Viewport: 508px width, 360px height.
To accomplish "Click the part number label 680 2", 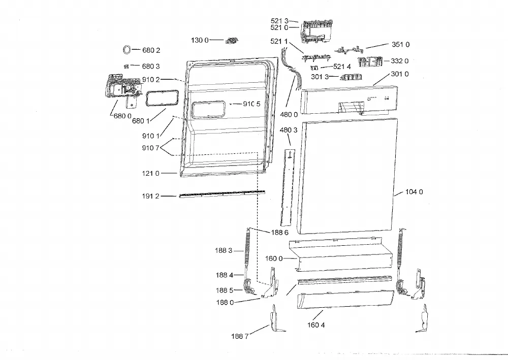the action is click(151, 50).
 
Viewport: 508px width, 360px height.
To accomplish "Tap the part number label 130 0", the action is click(200, 40).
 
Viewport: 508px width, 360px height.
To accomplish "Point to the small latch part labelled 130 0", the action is click(232, 41).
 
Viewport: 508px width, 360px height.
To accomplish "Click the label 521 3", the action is click(279, 21).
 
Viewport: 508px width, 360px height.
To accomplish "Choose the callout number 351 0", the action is click(400, 44).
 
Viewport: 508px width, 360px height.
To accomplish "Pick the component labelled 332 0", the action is click(370, 61).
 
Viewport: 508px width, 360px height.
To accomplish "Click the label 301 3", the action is click(320, 77).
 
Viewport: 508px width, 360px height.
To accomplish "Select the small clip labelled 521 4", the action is click(314, 68).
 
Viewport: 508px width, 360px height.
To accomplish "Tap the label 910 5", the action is click(252, 104).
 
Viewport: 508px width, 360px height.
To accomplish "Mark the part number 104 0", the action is click(414, 192).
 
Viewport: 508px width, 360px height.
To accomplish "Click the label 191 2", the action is click(151, 196).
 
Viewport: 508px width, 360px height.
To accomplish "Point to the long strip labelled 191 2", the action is click(222, 194).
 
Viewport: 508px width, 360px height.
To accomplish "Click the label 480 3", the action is click(289, 130).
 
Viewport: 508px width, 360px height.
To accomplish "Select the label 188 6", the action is click(279, 233).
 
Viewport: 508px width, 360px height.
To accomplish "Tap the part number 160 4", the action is click(316, 325).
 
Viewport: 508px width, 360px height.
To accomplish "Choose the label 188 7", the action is click(240, 336).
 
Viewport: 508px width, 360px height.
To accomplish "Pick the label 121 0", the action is click(151, 174).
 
